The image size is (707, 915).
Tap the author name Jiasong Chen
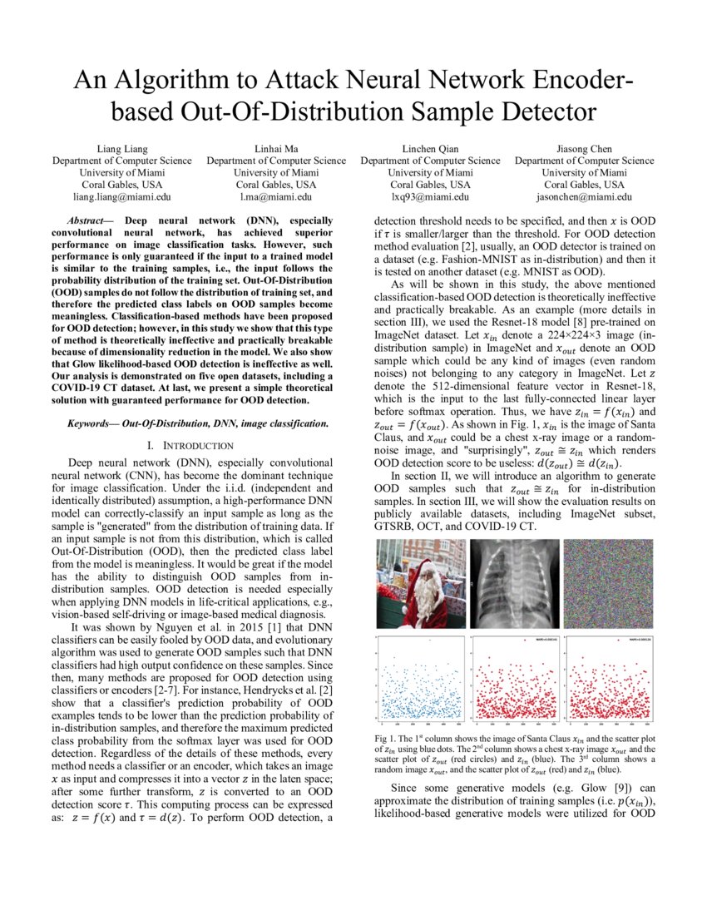coord(584,149)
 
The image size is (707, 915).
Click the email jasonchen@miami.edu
coord(584,197)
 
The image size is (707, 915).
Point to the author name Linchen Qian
coord(430,149)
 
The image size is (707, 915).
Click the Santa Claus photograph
coord(422,585)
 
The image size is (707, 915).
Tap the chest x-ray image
coord(516,585)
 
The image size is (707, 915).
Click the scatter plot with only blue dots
coord(422,680)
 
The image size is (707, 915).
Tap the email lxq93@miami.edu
coord(430,197)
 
